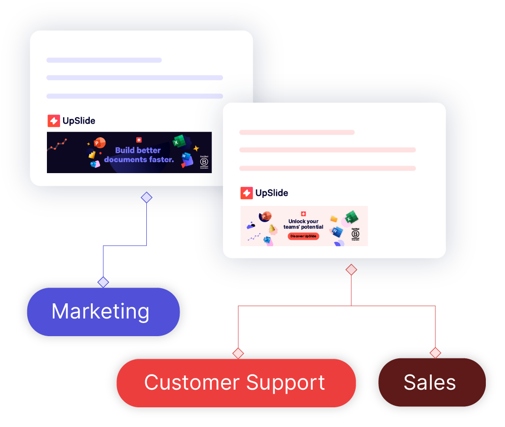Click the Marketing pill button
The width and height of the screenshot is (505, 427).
[x=103, y=311]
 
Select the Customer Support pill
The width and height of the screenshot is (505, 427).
[x=236, y=383]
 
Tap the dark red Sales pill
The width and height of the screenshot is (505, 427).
[x=431, y=383]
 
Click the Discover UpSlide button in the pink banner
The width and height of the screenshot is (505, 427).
[x=303, y=236]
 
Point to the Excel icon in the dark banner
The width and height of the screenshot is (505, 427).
[x=177, y=141]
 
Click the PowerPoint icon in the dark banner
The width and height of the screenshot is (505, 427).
[x=99, y=143]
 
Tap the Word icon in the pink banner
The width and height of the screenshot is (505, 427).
[x=337, y=232]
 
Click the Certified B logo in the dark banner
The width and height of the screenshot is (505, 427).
[x=204, y=162]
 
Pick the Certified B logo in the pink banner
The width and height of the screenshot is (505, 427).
[x=355, y=234]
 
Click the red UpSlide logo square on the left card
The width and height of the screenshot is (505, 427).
[x=53, y=121]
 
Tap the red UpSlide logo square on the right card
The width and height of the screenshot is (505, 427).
[x=246, y=193]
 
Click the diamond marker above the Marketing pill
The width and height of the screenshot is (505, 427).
[x=103, y=282]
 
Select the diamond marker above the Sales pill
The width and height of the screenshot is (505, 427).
[x=435, y=353]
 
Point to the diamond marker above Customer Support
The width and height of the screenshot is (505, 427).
[x=238, y=353]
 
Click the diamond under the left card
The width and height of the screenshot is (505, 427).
[x=146, y=197]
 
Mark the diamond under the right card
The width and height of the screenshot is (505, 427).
[x=351, y=270]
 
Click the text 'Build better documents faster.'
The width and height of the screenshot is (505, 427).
[x=139, y=155]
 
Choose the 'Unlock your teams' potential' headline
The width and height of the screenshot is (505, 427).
[x=303, y=224]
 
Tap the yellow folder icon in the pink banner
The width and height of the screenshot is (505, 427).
[x=333, y=219]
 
